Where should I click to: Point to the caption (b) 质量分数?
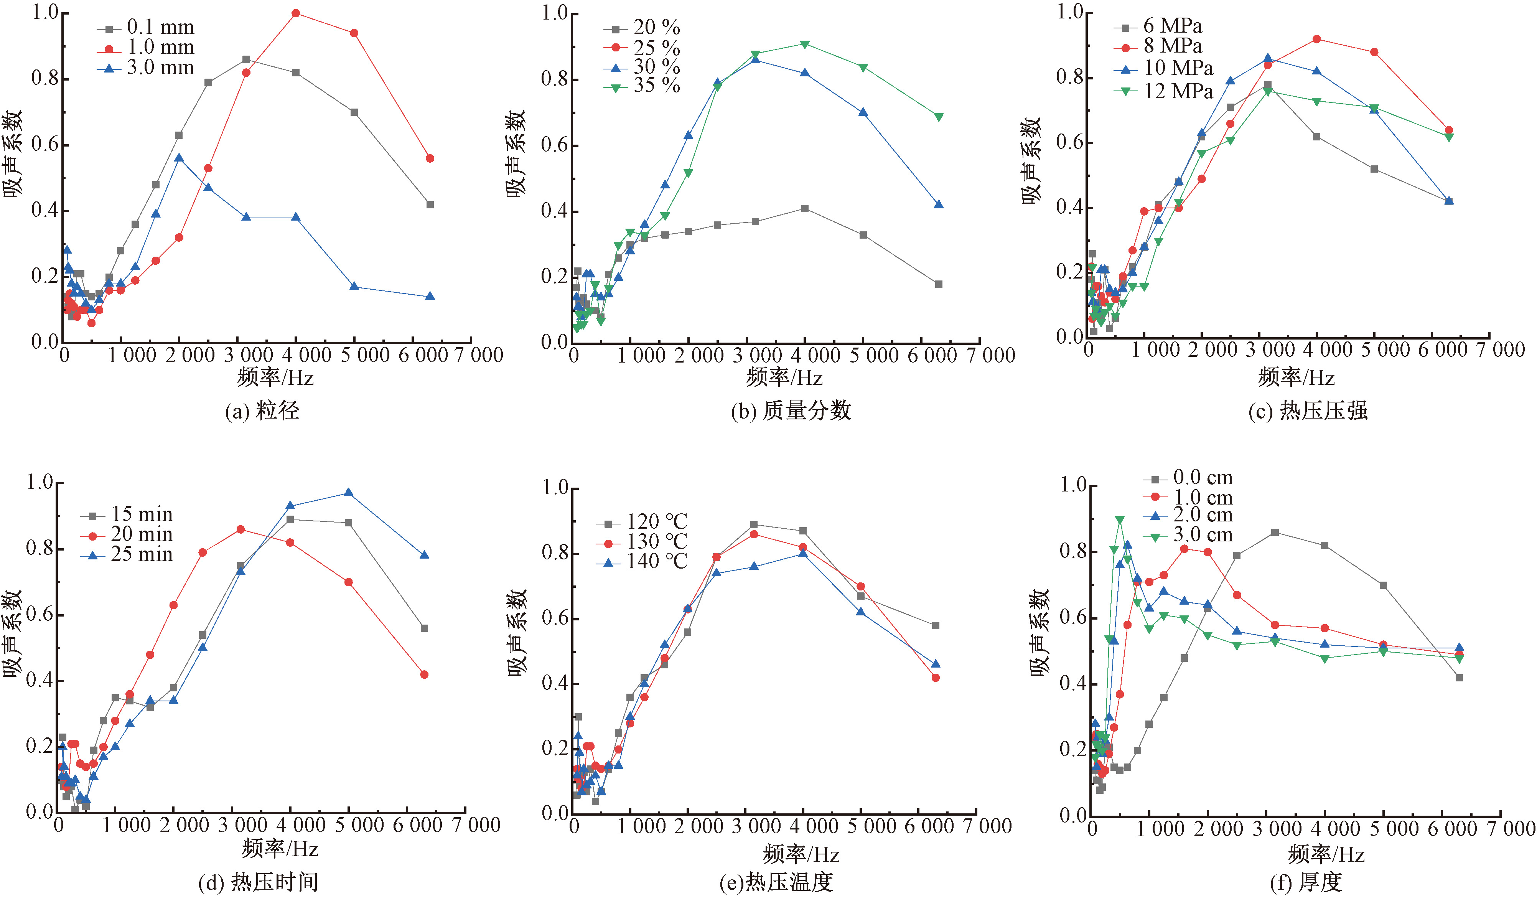tap(791, 411)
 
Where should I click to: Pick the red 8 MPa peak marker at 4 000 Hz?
tap(1316, 39)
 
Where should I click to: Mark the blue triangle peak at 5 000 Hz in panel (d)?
tap(348, 493)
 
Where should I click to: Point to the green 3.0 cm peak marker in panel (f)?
tap(1120, 520)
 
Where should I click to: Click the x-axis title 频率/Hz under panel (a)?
tap(275, 378)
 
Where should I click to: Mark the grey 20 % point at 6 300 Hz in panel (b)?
tap(938, 284)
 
